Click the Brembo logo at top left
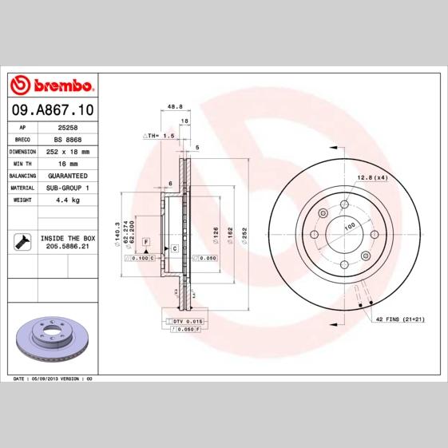click(x=53, y=85)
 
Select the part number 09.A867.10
click(x=53, y=107)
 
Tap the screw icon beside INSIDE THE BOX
click(x=23, y=240)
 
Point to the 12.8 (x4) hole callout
click(x=371, y=176)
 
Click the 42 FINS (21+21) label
click(x=401, y=318)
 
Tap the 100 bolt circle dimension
click(x=349, y=227)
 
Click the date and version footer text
click(x=54, y=377)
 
